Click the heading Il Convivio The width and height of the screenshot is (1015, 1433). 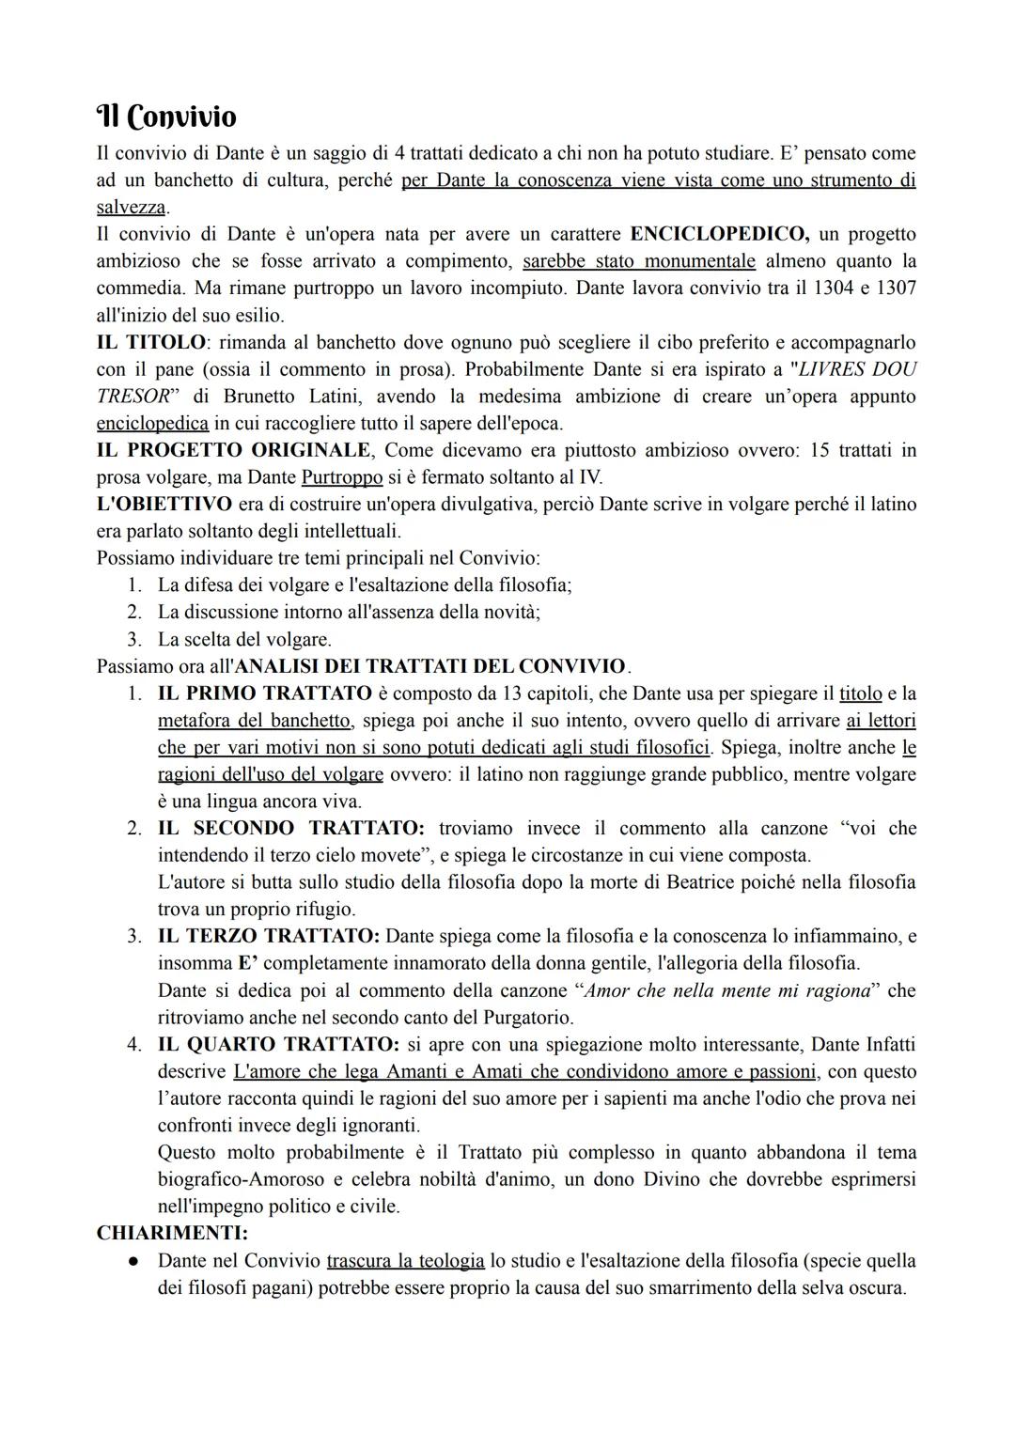coord(166,117)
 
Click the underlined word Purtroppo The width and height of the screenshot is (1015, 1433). coord(342,477)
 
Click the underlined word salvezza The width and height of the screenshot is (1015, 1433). coord(131,207)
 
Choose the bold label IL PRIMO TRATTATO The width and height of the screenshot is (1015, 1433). coord(265,693)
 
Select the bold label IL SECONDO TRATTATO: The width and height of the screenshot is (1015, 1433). coord(291,829)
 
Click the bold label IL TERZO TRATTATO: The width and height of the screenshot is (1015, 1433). coord(269,936)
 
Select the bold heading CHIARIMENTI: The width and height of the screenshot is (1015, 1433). coord(172,1233)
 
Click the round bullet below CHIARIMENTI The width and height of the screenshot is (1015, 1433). coord(134,1261)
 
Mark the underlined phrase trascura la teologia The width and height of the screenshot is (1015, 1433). coord(405,1260)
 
